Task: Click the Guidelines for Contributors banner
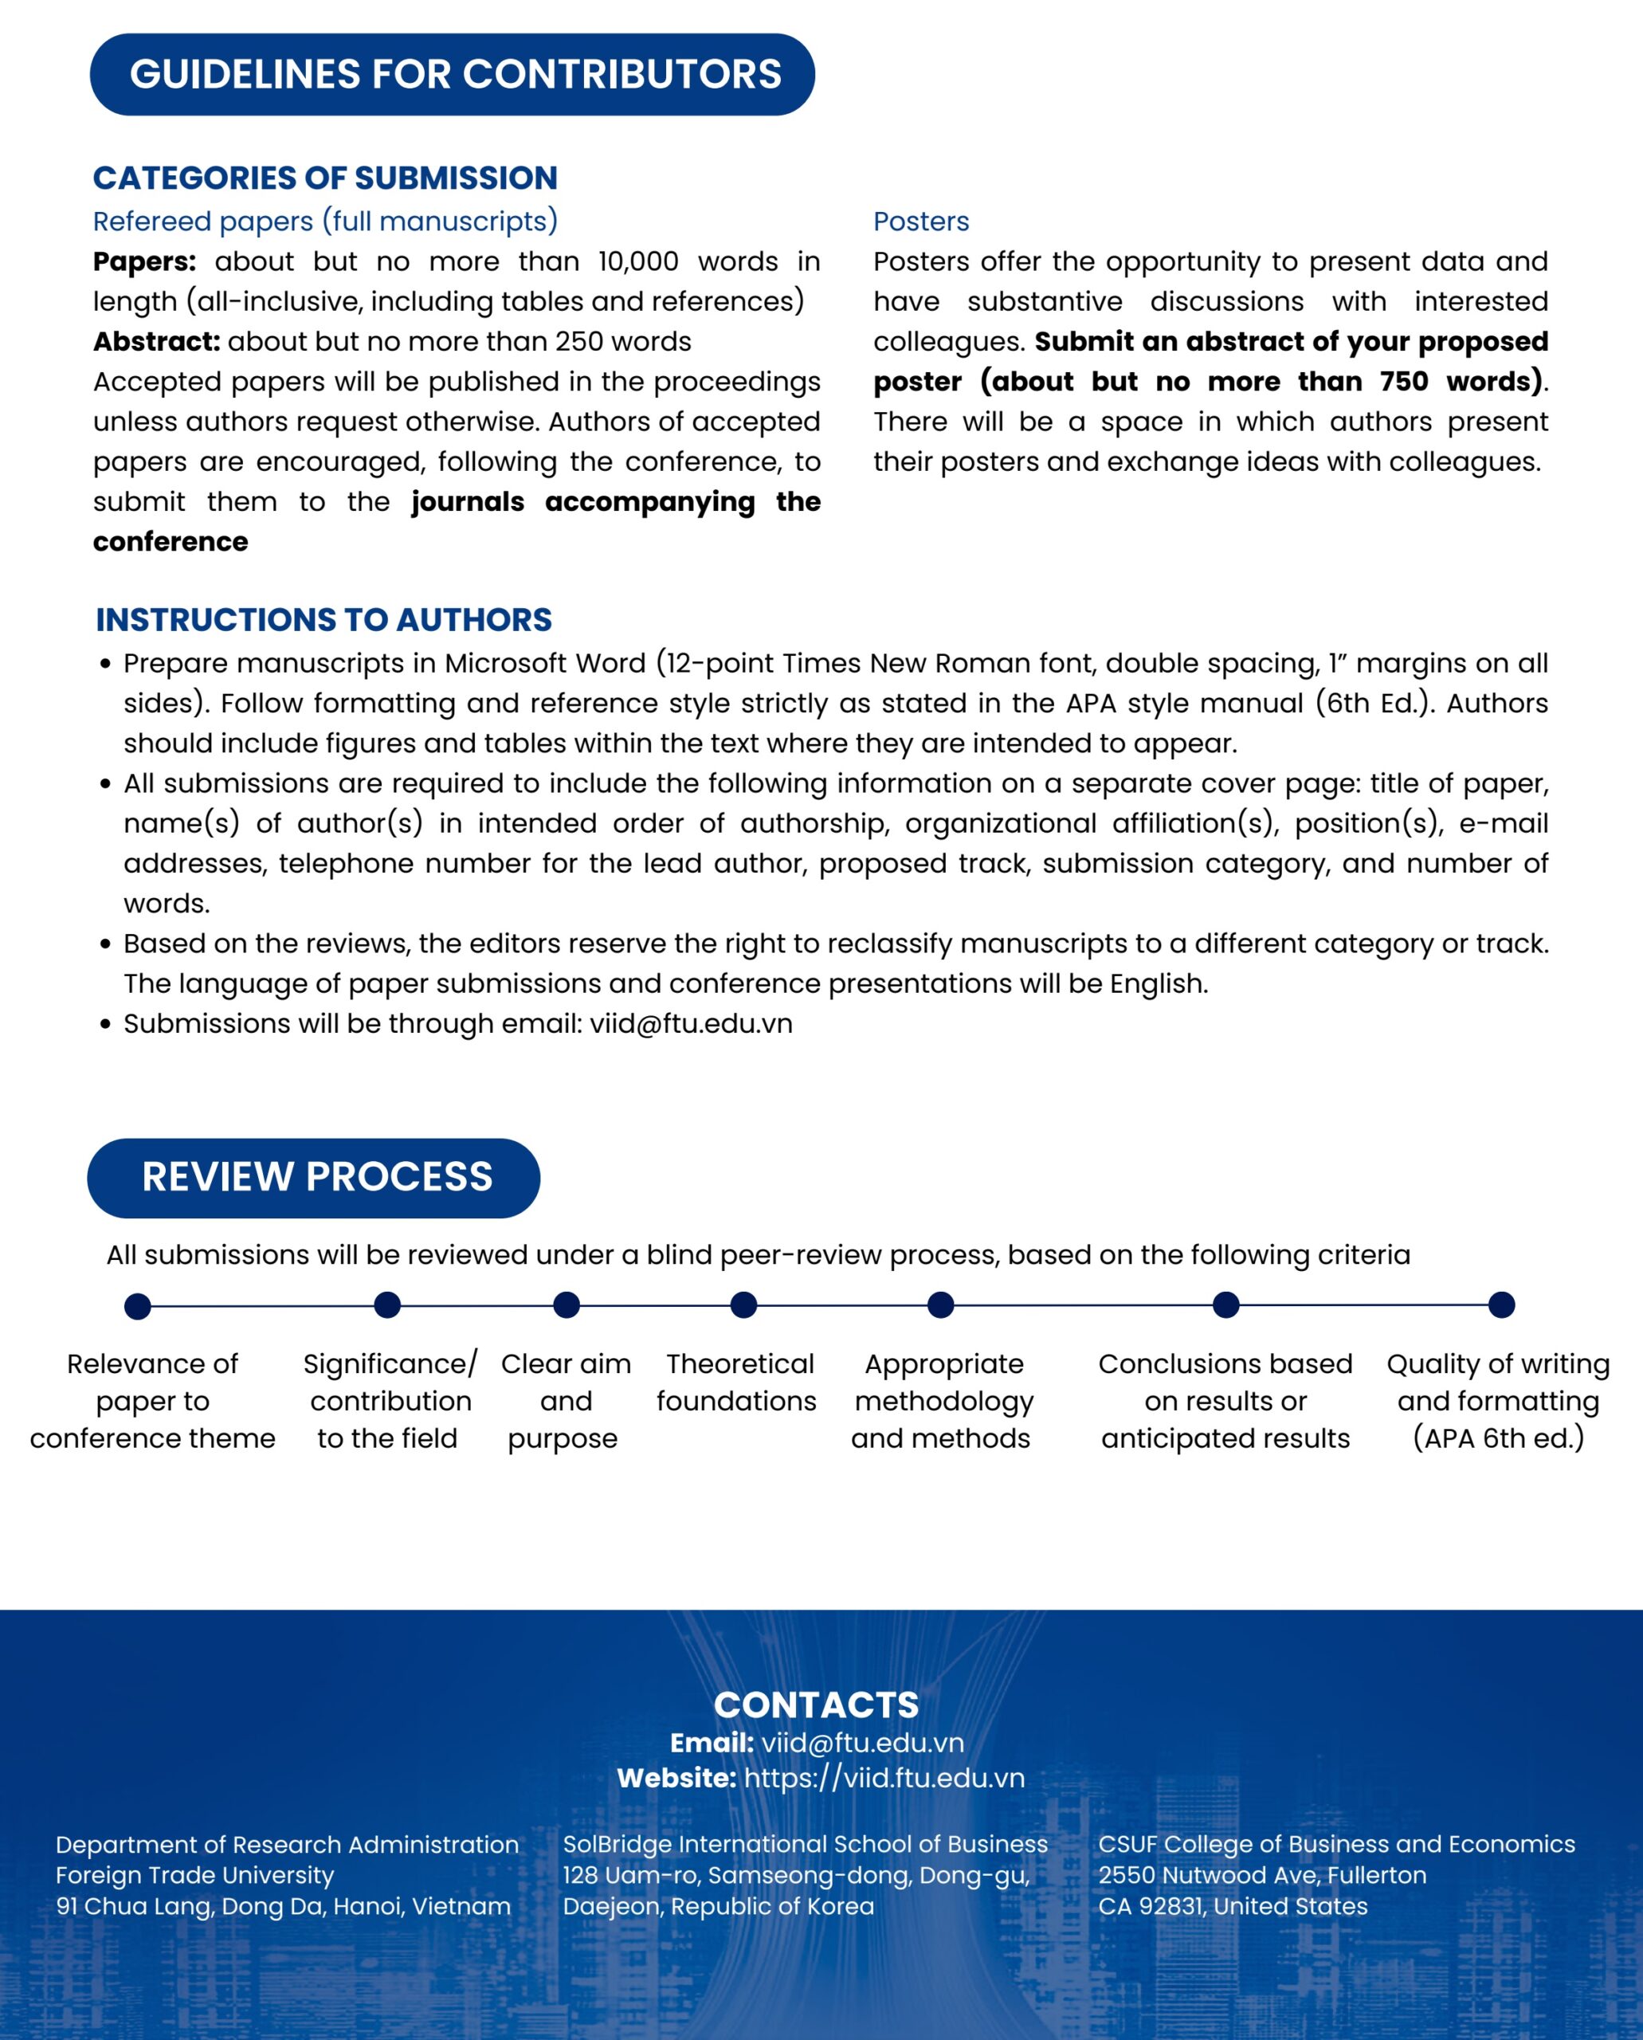[453, 75]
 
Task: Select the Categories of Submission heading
[324, 178]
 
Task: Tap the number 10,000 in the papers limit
[638, 261]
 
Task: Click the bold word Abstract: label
[156, 342]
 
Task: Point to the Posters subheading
[920, 222]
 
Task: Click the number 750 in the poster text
[1403, 382]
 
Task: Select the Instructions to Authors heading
[323, 620]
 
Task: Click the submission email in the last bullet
[691, 1024]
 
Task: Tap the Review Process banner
[314, 1178]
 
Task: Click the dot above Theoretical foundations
[744, 1305]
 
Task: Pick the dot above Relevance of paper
[137, 1306]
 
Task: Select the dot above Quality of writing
[1501, 1305]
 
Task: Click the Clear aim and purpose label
[565, 1401]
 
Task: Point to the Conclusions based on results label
[1225, 1401]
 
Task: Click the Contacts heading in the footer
[816, 1705]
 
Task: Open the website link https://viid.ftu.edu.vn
[884, 1778]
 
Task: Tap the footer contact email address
[862, 1743]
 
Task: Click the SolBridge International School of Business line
[806, 1844]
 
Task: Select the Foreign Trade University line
[195, 1875]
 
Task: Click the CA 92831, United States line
[1232, 1907]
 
